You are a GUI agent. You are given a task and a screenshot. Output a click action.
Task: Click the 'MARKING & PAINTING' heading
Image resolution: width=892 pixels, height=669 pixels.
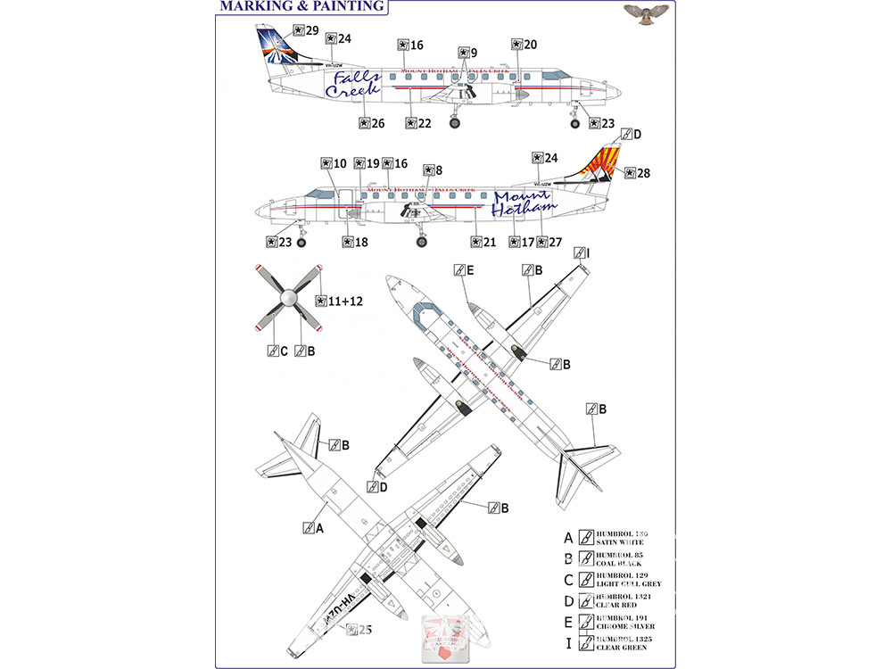(x=301, y=7)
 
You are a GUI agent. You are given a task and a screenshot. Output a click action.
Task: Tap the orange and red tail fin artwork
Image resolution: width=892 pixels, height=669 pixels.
(x=601, y=165)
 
